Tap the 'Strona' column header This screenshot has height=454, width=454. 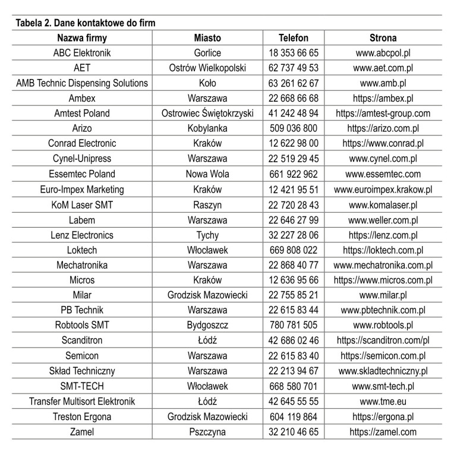[383, 37]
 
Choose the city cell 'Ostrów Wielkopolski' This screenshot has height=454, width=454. [207, 68]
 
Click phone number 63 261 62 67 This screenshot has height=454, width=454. [294, 83]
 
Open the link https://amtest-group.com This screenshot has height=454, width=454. [383, 113]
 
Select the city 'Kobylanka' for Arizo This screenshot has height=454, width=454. [207, 128]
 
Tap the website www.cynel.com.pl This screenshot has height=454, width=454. [383, 159]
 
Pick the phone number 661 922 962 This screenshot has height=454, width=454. [294, 174]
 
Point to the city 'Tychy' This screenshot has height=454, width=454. [207, 235]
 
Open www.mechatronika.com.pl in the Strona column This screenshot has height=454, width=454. [383, 265]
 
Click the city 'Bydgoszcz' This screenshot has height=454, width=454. [207, 326]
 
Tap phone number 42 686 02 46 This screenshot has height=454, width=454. [294, 340]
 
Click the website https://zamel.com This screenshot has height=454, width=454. [383, 432]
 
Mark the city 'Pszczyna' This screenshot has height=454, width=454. [207, 432]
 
